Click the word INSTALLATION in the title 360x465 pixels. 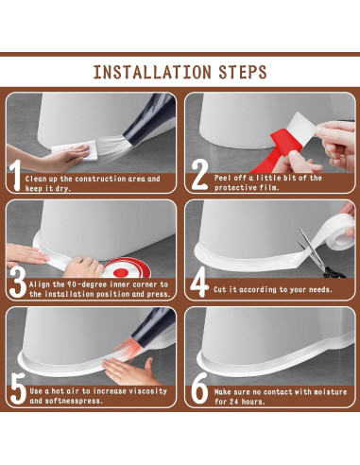point(152,72)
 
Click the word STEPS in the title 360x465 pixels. point(243,72)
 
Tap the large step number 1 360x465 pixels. point(15,175)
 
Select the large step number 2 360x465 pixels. point(199,175)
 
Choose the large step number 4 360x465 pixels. point(199,283)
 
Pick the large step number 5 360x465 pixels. point(18,388)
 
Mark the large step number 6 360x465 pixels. point(199,388)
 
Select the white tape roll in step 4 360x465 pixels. point(334,232)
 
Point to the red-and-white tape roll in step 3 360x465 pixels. point(126,268)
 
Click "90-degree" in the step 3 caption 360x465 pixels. point(87,284)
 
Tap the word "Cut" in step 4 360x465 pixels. point(220,289)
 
